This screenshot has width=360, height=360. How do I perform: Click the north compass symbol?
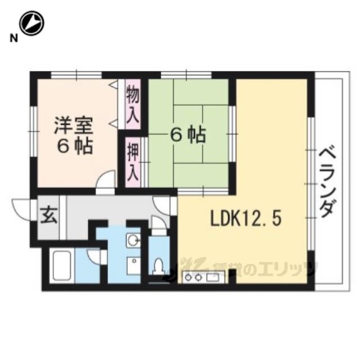[x=31, y=23]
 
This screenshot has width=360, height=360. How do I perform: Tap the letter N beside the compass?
[x=14, y=38]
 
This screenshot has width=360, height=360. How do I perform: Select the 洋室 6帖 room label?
[x=74, y=136]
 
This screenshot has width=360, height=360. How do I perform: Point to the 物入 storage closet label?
[x=133, y=103]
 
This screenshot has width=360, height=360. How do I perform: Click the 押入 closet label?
[x=133, y=161]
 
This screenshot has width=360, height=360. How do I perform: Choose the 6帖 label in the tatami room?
[x=188, y=135]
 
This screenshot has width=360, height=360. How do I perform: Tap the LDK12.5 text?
[x=246, y=219]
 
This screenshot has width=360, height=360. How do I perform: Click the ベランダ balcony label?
[x=327, y=182]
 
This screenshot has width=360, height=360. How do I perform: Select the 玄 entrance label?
[x=49, y=216]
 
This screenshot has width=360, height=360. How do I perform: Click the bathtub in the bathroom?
[x=62, y=266]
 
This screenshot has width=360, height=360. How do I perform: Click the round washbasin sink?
[x=133, y=241]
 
